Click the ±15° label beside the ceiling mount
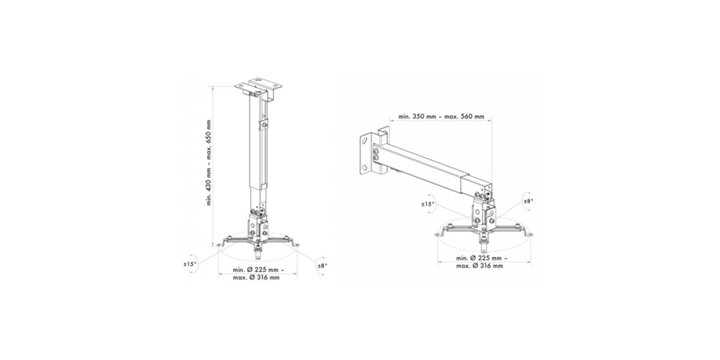click(190, 264)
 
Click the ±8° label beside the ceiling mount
click(322, 266)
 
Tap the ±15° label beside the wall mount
click(428, 204)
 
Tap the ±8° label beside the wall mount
click(529, 201)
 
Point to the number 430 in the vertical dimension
click(209, 187)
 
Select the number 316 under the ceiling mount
click(262, 278)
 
